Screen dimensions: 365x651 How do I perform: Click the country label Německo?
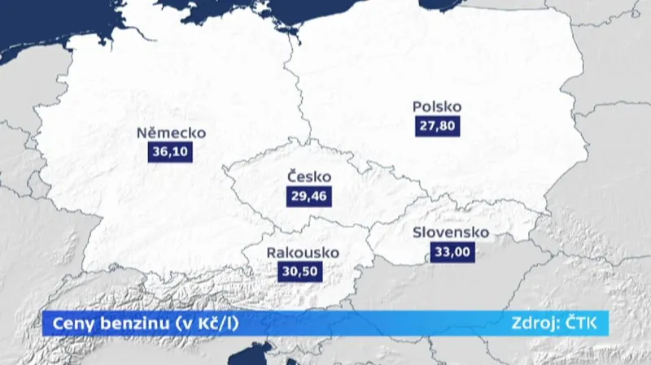pyautogui.click(x=171, y=133)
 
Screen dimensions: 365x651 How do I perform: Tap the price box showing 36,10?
pyautogui.click(x=170, y=152)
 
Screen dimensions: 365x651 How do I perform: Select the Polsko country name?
pyautogui.click(x=437, y=106)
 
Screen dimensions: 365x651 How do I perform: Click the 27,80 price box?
pyautogui.click(x=436, y=125)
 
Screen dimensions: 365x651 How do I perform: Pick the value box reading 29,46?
pyautogui.click(x=309, y=196)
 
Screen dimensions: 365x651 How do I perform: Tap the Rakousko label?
pyautogui.click(x=303, y=253)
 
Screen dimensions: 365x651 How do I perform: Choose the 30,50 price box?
pyautogui.click(x=303, y=272)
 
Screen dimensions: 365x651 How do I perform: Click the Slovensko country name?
pyautogui.click(x=451, y=232)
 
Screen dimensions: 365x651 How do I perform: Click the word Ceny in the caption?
pyautogui.click(x=70, y=323)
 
